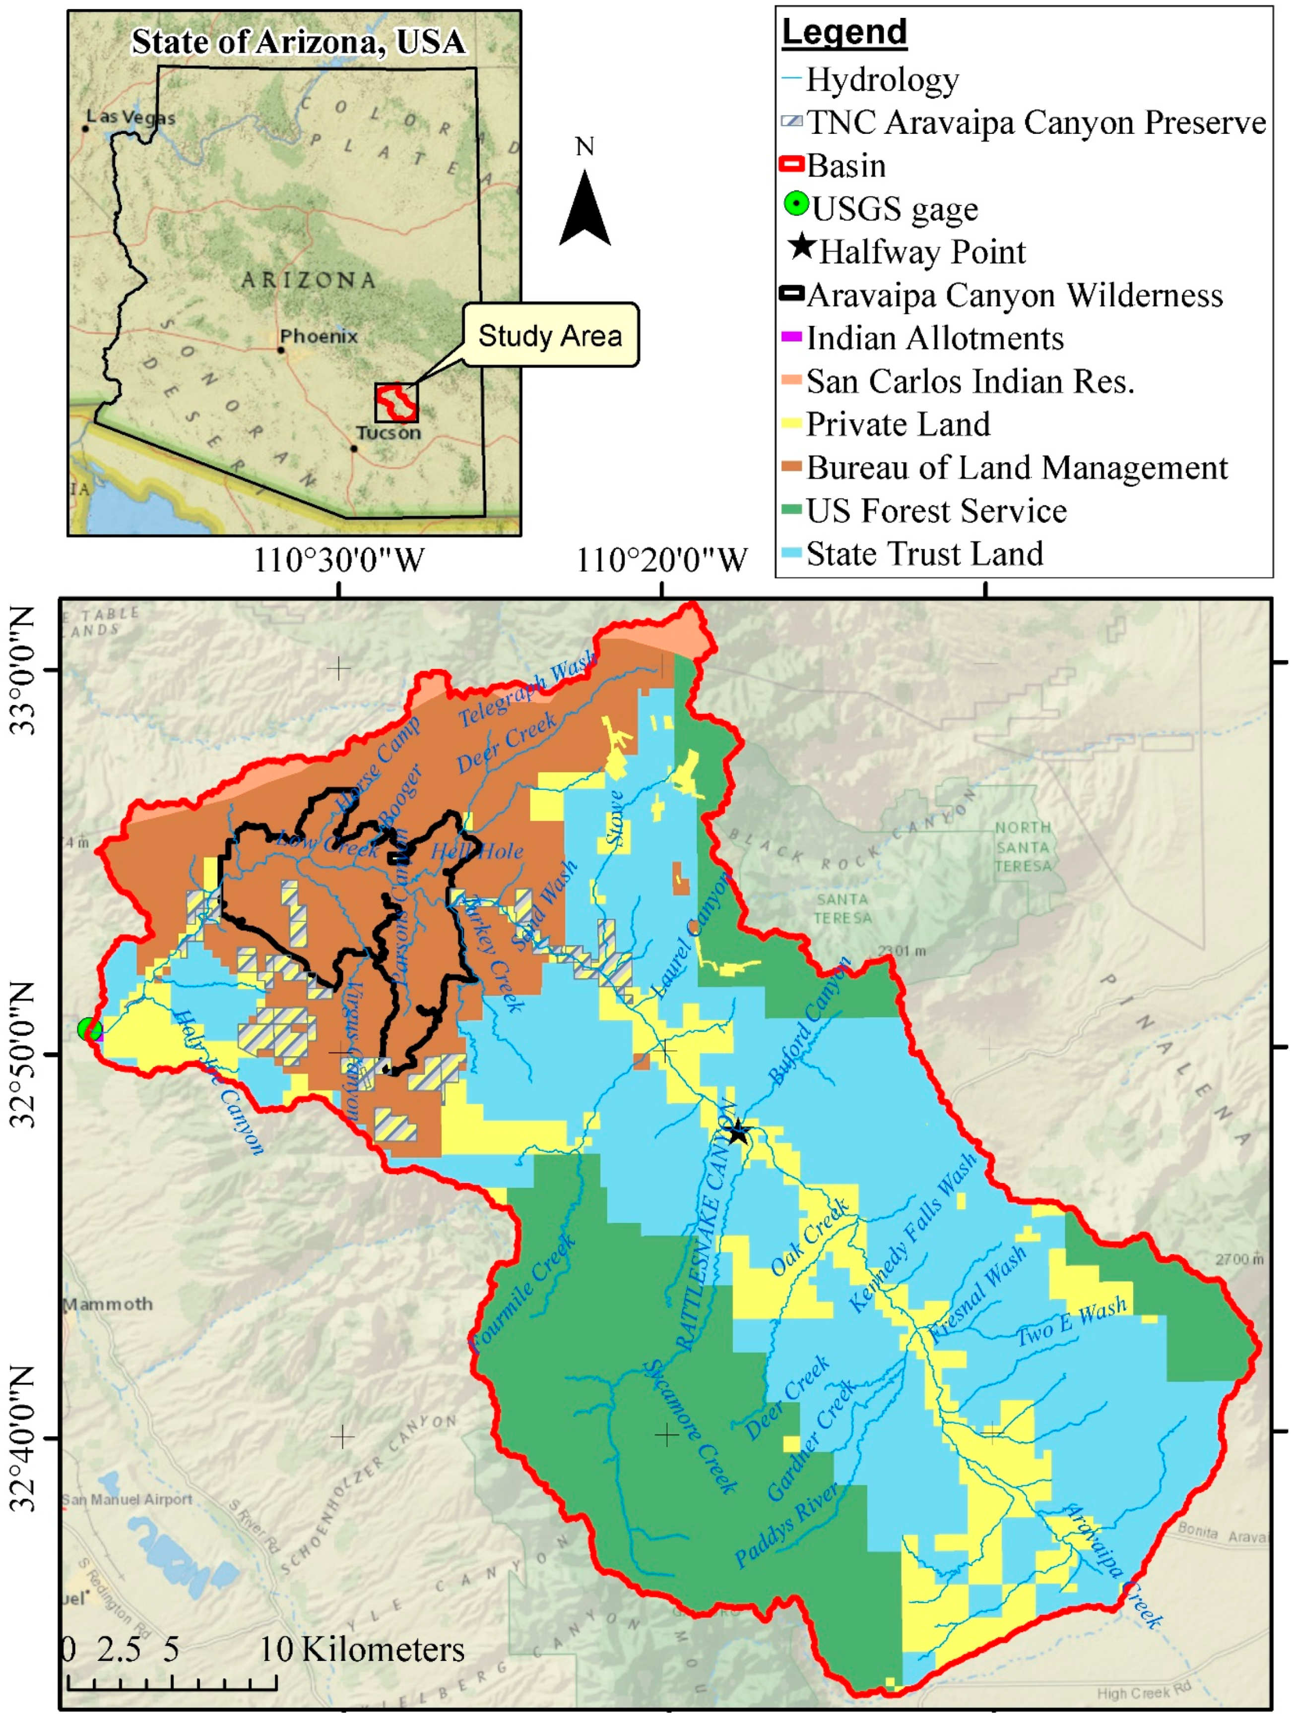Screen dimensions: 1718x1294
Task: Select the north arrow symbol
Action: [584, 208]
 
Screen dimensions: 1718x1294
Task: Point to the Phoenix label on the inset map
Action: [319, 336]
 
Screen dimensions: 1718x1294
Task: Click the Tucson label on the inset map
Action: [388, 433]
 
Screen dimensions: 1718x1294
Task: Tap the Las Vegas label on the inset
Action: [130, 118]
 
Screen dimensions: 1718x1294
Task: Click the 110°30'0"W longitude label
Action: [339, 560]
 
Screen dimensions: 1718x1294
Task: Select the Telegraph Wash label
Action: [527, 691]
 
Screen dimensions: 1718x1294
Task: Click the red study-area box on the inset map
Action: [396, 402]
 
